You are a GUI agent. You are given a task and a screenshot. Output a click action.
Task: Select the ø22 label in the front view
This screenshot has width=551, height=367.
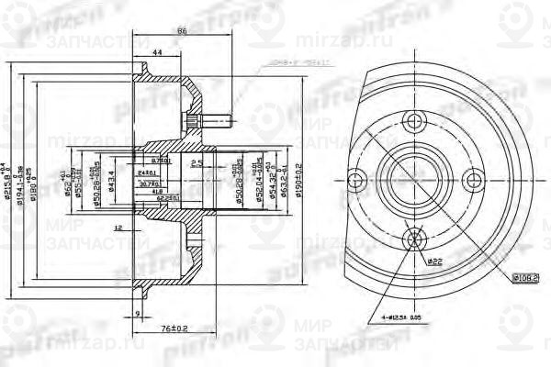(x=433, y=261)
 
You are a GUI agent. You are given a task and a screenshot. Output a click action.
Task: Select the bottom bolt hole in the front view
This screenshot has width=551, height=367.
(x=414, y=239)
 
